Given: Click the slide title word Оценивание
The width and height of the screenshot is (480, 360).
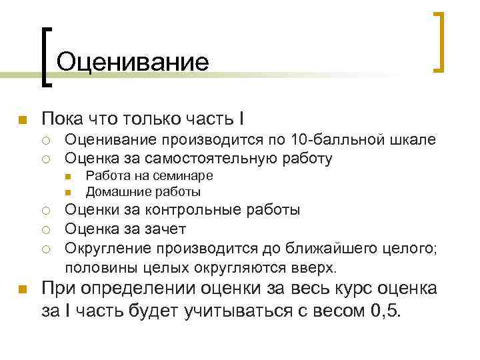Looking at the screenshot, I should click(133, 62).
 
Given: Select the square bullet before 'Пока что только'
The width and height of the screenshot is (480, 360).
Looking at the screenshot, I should click(21, 120).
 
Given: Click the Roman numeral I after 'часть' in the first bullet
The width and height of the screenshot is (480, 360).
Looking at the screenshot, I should click(241, 119).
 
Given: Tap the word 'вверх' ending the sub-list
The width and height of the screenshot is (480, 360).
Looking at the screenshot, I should click(319, 268).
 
